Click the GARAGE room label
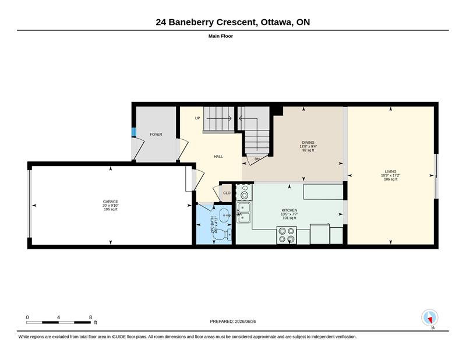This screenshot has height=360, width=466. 111,202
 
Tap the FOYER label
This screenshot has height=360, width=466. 156,135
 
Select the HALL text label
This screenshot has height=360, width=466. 218,156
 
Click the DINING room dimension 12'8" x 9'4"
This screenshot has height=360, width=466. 308,146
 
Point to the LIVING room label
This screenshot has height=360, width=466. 390,171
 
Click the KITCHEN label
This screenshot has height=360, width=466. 289,210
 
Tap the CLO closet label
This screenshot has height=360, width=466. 227,193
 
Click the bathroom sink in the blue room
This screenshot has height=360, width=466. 224,214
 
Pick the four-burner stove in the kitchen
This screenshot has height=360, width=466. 287,235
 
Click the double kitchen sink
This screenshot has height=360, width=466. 243,212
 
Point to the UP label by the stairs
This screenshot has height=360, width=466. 197,118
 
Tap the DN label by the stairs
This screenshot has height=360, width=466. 257,159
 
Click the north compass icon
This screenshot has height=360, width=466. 430,317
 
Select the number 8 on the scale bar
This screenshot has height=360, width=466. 90,317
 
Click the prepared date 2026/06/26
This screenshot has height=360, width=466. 245,322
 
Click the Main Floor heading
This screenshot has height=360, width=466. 221,36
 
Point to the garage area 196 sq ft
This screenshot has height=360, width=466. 111,209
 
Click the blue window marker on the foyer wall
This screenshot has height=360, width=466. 133,132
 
